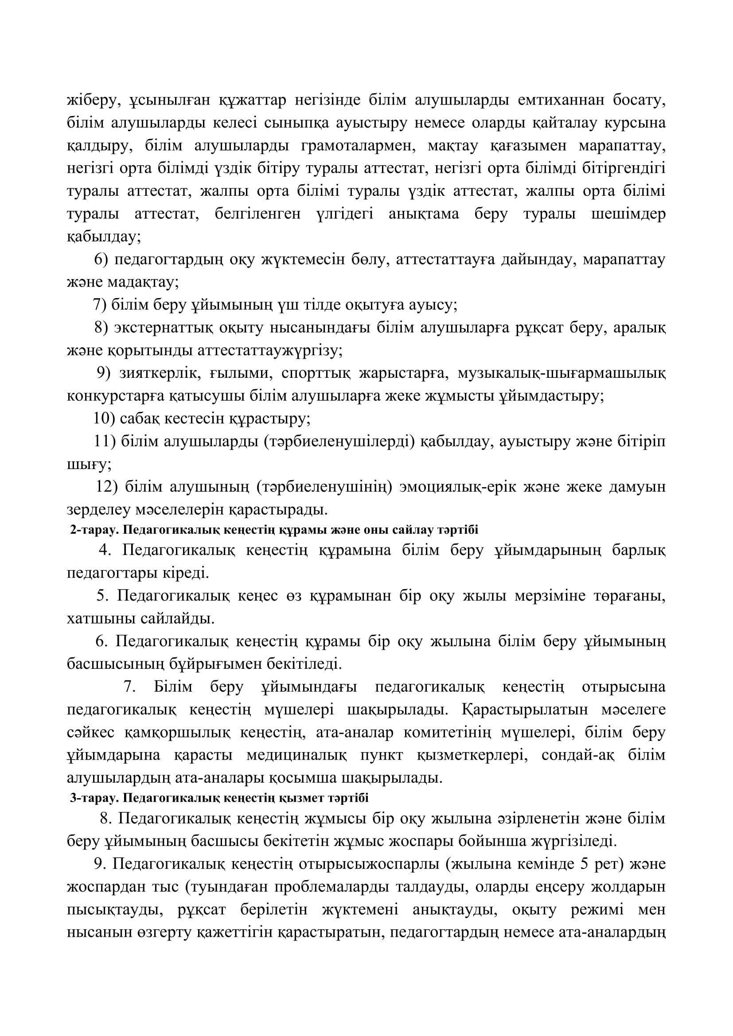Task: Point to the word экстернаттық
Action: click(x=163, y=327)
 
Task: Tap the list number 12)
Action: click(x=107, y=487)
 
